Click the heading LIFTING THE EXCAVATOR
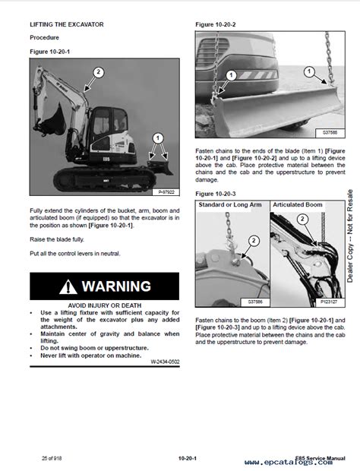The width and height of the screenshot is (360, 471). [67, 24]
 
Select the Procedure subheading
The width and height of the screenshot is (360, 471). [46, 37]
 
